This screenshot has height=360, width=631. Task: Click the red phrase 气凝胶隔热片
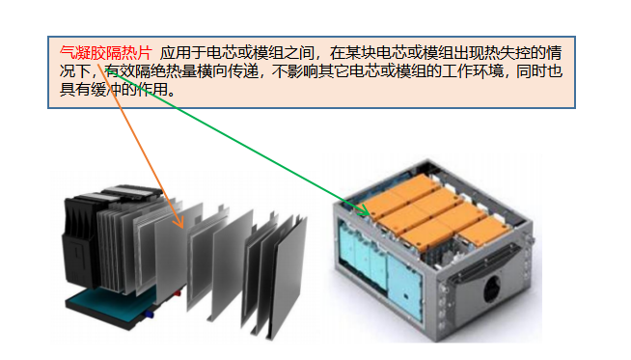(106, 53)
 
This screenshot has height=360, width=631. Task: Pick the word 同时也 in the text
(539, 71)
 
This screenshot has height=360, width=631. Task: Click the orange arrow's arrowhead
(179, 222)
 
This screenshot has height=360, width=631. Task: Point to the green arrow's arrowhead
(363, 209)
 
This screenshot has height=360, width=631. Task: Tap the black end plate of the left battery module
(80, 241)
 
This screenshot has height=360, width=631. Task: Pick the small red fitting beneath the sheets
(178, 294)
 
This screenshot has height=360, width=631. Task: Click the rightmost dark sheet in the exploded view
(288, 276)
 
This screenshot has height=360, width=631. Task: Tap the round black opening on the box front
(492, 289)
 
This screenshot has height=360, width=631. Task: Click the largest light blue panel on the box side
(405, 287)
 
